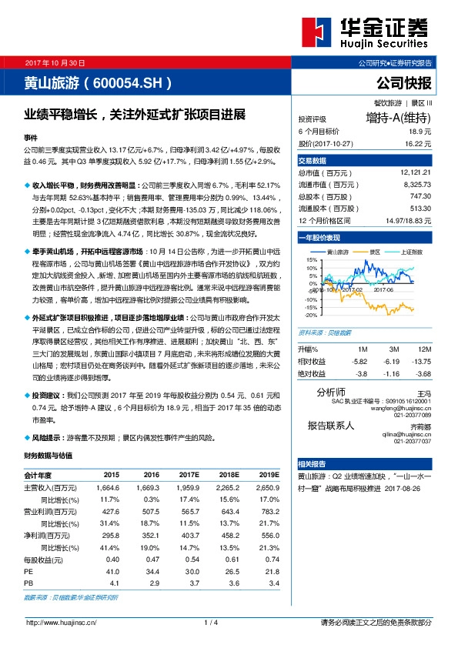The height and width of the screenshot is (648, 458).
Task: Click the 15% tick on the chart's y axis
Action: [x=311, y=260]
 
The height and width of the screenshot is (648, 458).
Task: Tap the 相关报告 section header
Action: [x=312, y=464]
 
